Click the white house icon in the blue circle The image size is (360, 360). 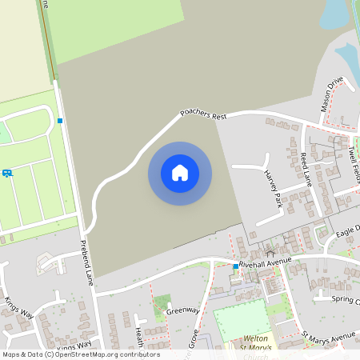[x=180, y=173]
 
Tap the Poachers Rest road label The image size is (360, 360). [x=203, y=114]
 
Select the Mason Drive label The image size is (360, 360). [x=330, y=95]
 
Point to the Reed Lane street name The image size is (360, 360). [x=306, y=170]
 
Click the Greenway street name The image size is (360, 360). [x=182, y=310]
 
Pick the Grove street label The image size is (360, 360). [x=194, y=338]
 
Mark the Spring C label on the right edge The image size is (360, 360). [x=346, y=301]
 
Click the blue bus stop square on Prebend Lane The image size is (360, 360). [x=60, y=121]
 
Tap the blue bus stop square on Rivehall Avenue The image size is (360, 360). [x=235, y=266]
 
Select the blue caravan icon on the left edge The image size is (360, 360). [x=6, y=173]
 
